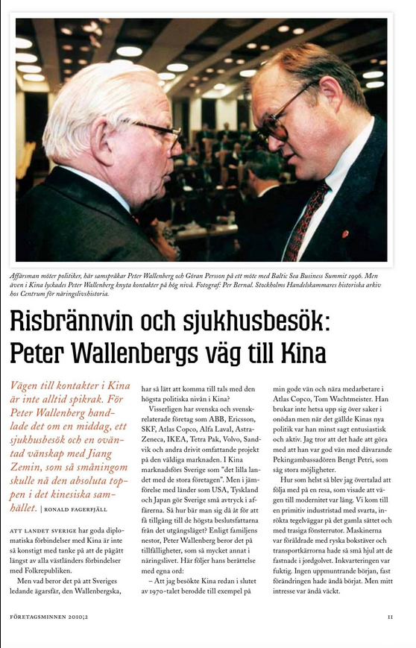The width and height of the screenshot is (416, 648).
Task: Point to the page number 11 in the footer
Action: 390,617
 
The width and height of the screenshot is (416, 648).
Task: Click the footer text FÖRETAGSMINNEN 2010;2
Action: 55,617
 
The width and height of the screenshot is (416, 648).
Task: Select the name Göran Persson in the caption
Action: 190,275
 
